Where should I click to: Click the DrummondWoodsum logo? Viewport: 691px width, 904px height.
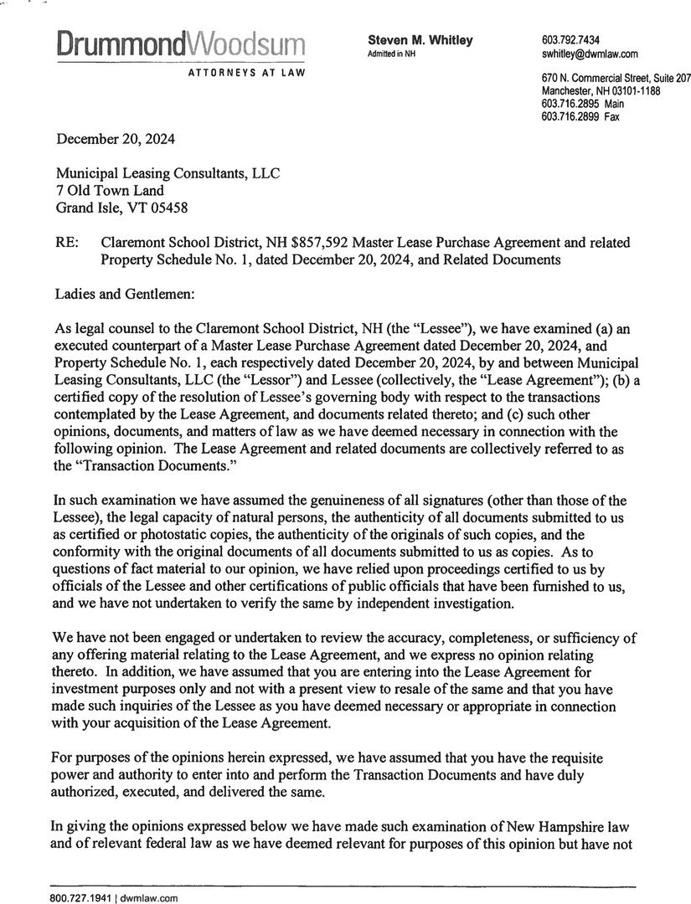point(181,43)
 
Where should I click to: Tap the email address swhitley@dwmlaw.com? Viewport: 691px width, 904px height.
point(590,54)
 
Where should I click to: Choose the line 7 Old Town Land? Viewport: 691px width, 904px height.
point(109,190)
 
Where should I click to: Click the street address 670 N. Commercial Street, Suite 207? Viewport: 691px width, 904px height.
point(616,78)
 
